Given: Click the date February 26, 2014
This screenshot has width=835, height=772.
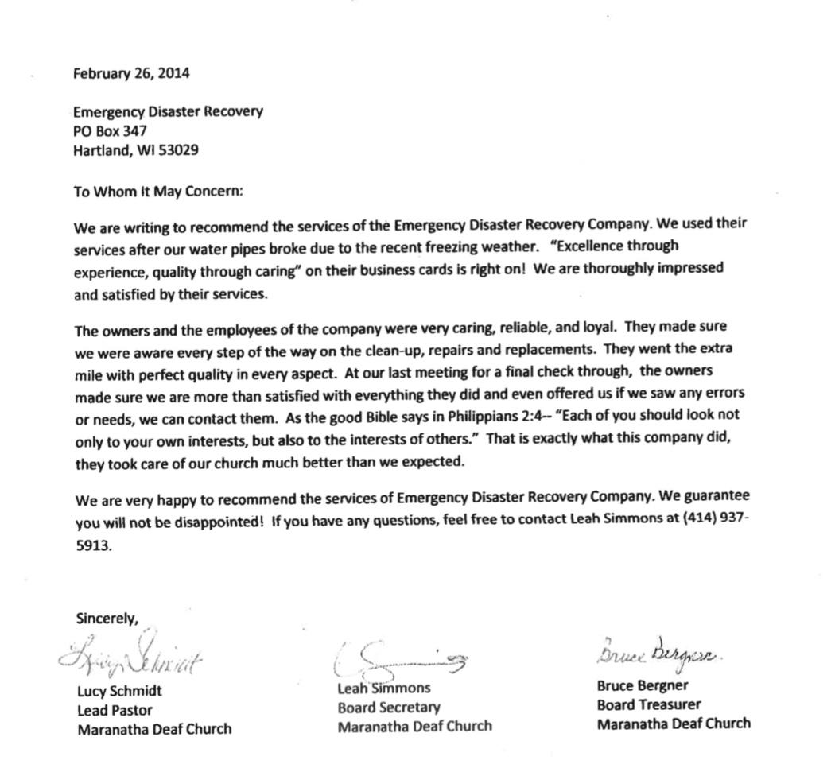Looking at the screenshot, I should (x=131, y=74).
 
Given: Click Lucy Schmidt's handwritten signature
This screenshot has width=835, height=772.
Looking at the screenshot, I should (x=131, y=656).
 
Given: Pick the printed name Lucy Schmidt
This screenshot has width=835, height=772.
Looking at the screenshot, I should (x=119, y=692).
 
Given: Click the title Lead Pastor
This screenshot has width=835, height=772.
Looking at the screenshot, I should (x=115, y=710).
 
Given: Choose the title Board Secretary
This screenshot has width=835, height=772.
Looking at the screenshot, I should (x=388, y=707).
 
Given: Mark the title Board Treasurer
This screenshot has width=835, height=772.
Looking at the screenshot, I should (x=649, y=704).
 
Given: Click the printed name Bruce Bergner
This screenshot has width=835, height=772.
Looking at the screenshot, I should (x=643, y=685).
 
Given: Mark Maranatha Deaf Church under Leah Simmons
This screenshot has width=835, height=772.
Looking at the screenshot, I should (x=414, y=726).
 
